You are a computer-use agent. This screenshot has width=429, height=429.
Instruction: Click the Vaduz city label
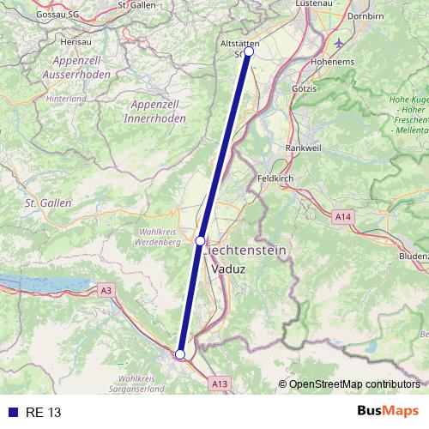[x=227, y=269]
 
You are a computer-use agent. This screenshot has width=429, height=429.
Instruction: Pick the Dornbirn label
[x=366, y=16]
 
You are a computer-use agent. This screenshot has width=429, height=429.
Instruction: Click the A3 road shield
[x=106, y=291]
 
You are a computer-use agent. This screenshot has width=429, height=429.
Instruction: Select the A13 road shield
[x=220, y=383]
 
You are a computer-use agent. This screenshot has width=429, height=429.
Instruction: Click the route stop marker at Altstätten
[x=249, y=51]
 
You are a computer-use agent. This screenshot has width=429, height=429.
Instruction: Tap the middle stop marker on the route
[x=200, y=241]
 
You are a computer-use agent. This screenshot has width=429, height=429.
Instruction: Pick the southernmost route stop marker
[x=180, y=353]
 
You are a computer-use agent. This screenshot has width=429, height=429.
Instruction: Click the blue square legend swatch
[x=13, y=413]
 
